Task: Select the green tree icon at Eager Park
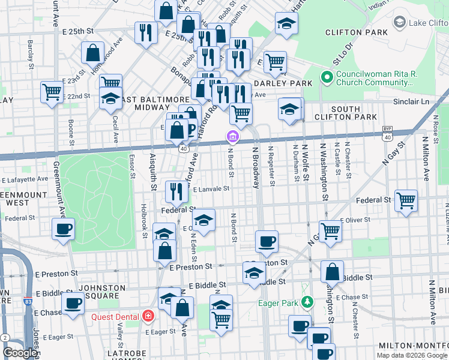coord(307,302)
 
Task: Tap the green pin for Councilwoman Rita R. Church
coord(327,77)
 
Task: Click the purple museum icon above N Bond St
coord(232,137)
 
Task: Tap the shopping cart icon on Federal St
coord(406,200)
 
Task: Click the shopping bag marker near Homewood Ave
coord(94,53)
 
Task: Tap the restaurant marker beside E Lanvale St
coord(176,191)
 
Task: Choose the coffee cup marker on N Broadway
coord(267,241)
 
